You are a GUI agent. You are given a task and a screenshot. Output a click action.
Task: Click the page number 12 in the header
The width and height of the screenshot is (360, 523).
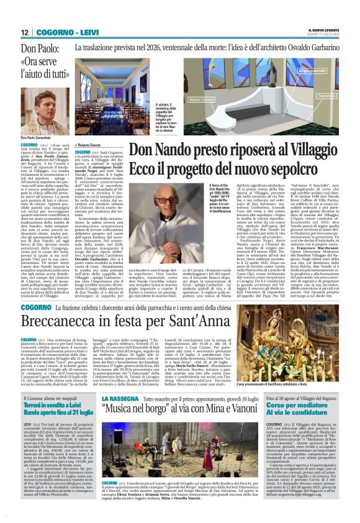coord(25,32)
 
